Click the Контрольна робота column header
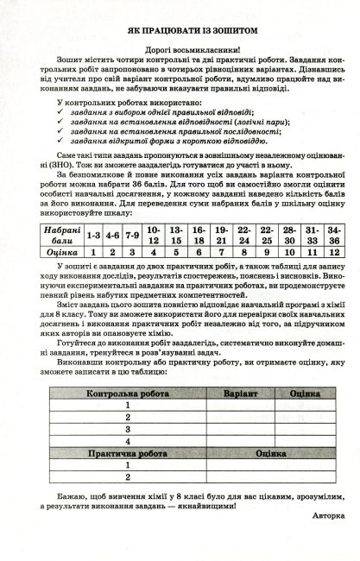click(x=127, y=393)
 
